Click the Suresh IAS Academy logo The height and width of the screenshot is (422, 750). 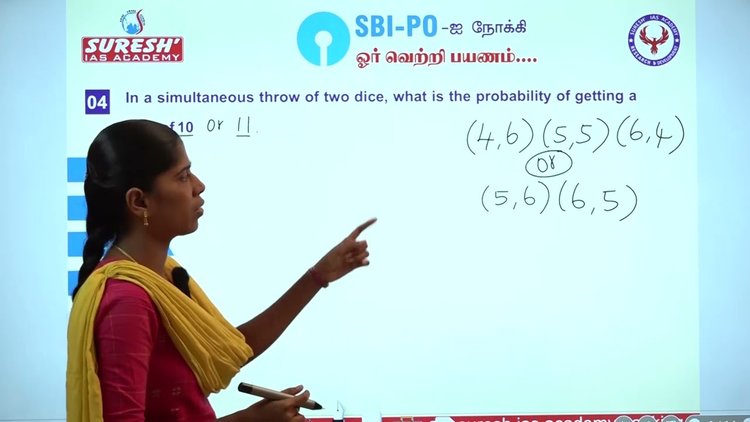pyautogui.click(x=132, y=37)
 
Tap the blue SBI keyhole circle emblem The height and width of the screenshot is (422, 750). pyautogui.click(x=323, y=39)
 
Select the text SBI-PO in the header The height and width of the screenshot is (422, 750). pyautogui.click(x=396, y=27)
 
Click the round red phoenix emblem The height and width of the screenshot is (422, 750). pyautogui.click(x=653, y=40)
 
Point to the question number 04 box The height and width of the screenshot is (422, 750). pyautogui.click(x=97, y=102)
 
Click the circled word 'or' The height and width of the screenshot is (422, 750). pyautogui.click(x=548, y=165)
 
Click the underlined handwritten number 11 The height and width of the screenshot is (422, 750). pyautogui.click(x=243, y=127)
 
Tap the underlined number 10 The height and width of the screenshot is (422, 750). pyautogui.click(x=185, y=127)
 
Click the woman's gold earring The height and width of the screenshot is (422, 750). pyautogui.click(x=146, y=218)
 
